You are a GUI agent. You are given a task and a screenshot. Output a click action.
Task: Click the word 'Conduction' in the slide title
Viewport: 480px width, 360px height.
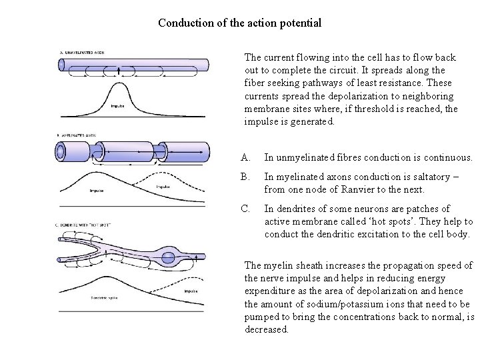coord(184,23)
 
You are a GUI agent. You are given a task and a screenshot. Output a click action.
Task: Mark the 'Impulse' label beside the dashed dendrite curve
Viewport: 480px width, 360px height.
coord(190,291)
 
